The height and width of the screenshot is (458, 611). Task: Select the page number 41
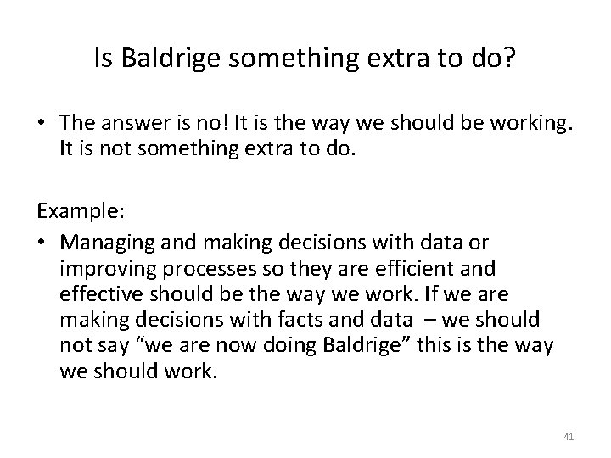[568, 436]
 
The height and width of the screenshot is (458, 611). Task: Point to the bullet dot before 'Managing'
[42, 242]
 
